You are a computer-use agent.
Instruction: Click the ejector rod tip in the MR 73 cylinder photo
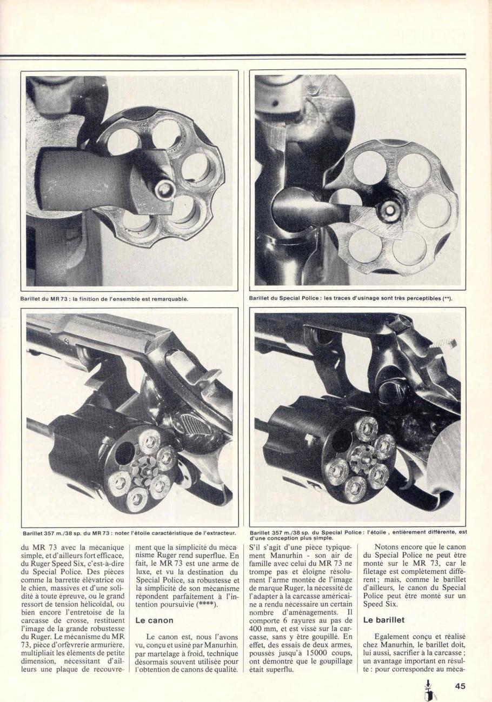(x=164, y=190)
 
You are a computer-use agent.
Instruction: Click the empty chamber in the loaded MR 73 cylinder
(x=125, y=453)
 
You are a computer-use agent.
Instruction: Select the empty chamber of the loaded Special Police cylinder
(x=342, y=440)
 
